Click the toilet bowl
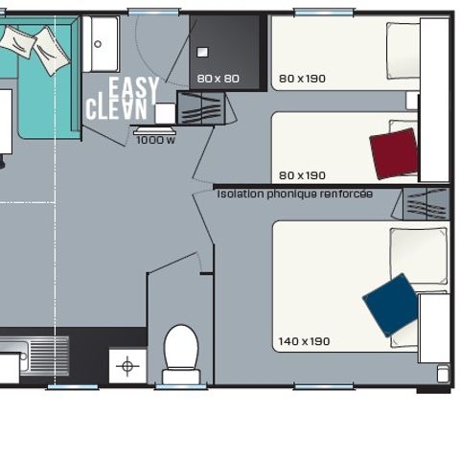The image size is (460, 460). click(181, 350)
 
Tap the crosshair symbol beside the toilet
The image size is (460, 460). click(128, 365)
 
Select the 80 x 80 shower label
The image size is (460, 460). click(218, 78)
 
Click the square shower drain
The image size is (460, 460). click(203, 52)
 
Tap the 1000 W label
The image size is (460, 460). click(155, 140)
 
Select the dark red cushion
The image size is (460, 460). click(394, 153)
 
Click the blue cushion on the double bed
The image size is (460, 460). click(391, 305)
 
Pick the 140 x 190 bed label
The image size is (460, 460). click(304, 341)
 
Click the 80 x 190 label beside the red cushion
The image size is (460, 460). click(302, 175)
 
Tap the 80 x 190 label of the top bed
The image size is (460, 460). click(302, 78)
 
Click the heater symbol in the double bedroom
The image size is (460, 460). click(425, 203)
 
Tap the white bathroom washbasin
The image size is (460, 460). click(100, 43)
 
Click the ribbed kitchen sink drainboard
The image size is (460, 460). click(48, 355)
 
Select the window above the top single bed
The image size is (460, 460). click(324, 11)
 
